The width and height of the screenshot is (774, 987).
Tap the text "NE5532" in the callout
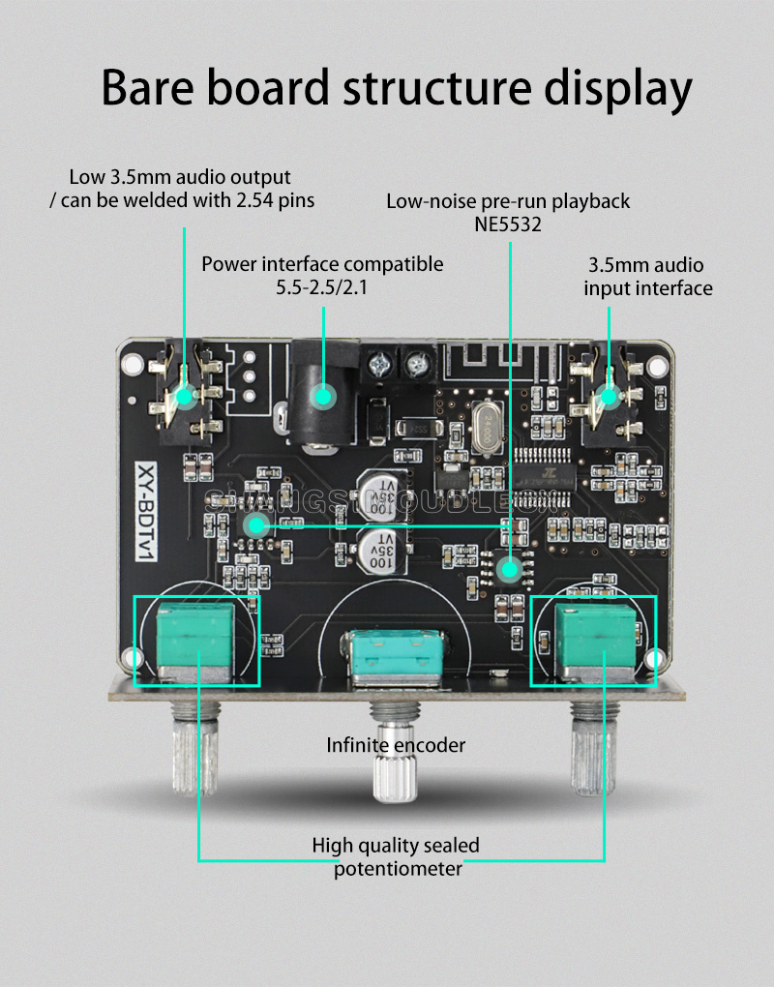coord(508,224)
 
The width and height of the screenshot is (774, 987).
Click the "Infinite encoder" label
coord(396,745)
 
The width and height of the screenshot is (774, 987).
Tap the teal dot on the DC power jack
coord(321,394)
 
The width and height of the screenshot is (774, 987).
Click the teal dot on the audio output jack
coord(184,394)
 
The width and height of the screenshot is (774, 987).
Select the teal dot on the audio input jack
coord(609,395)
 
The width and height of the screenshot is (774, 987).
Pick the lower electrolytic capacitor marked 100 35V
coord(379,550)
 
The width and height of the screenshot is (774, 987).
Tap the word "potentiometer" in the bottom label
coord(398,869)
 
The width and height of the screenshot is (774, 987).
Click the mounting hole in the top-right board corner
coord(657,366)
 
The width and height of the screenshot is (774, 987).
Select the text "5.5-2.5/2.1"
coord(322,287)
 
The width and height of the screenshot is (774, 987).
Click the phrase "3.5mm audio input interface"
coord(647,276)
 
